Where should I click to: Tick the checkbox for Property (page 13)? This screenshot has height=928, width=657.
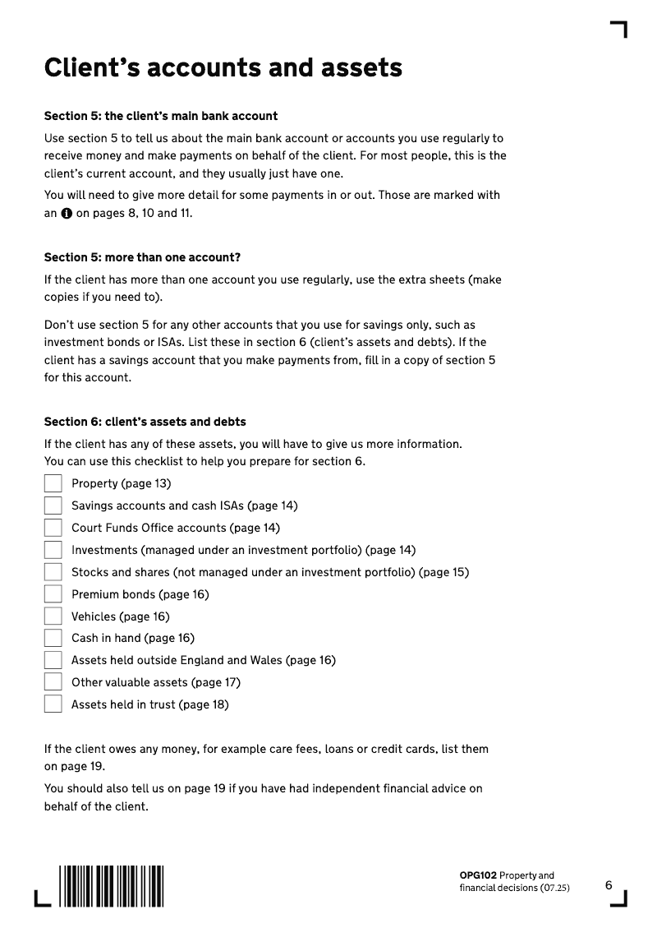53,483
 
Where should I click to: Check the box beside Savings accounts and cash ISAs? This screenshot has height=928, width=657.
53,506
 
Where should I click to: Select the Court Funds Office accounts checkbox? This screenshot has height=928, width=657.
53,528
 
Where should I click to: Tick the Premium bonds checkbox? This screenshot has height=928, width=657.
53,594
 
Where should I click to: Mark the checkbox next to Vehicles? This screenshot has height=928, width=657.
53,616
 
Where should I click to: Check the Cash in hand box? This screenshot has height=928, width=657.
53,638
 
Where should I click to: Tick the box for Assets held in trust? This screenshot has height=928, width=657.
53,704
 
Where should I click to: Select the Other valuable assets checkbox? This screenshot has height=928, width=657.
53,682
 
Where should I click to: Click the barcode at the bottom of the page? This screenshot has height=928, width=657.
111,885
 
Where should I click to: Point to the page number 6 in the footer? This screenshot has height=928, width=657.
609,885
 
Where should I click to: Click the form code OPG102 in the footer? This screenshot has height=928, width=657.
478,876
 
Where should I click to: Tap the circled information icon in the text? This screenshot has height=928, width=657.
66,214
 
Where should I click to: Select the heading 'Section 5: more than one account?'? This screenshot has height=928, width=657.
142,257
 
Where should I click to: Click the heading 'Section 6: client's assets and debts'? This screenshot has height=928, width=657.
145,422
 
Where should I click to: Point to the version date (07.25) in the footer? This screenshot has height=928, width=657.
554,888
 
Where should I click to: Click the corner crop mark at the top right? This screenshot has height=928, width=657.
619,30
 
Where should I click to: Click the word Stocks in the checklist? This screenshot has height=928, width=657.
90,572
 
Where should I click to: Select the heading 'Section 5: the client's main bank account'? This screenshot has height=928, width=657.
161,116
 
